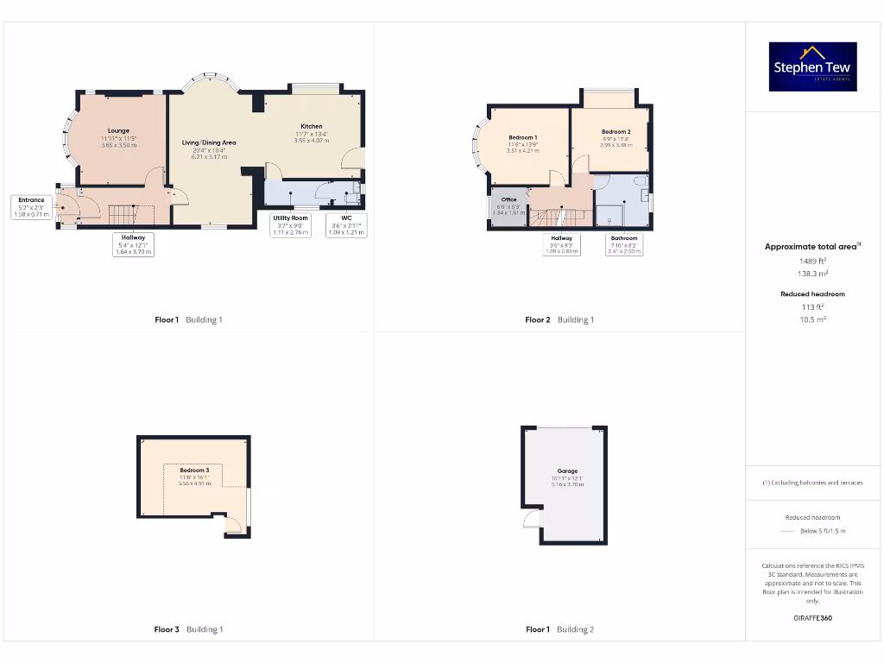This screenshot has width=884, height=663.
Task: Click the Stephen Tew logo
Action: (813, 66)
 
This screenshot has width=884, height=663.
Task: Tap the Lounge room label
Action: (118, 131)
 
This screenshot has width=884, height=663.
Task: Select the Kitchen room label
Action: (312, 127)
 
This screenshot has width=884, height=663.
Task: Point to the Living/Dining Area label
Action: (209, 142)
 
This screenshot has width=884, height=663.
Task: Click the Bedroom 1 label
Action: (522, 138)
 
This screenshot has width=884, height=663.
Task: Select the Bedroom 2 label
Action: (616, 132)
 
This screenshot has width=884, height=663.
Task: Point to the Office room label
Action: (509, 199)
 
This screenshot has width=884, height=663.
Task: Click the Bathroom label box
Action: (624, 244)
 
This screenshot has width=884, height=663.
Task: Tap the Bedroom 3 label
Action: (194, 470)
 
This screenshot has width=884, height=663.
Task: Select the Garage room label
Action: (567, 471)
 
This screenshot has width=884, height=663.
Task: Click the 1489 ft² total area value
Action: (812, 261)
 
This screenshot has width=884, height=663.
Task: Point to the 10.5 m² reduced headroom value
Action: (812, 319)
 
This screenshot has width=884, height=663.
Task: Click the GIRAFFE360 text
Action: (812, 617)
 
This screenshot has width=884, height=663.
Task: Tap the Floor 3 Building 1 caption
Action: (188, 629)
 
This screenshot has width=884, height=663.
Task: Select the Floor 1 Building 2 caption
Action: (559, 629)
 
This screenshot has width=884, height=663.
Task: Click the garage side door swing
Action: (532, 516)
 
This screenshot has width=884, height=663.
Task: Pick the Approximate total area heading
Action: (812, 247)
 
